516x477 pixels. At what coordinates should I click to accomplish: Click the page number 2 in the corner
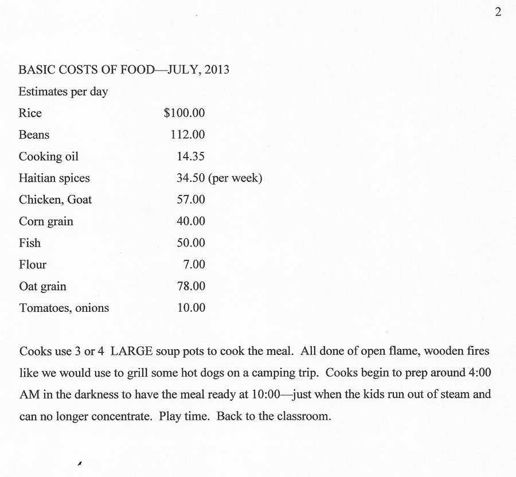(x=498, y=13)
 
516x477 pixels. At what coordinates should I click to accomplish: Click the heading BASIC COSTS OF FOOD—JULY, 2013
(x=124, y=70)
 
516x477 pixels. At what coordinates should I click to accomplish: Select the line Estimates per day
(x=63, y=92)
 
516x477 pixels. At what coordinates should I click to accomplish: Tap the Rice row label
(x=30, y=113)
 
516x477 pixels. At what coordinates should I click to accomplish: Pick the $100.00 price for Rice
(x=184, y=113)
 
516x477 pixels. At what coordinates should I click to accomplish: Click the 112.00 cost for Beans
(x=187, y=135)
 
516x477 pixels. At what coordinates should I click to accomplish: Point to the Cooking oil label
(x=49, y=157)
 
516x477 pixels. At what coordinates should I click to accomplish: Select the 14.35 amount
(x=190, y=157)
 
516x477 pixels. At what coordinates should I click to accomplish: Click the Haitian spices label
(x=54, y=178)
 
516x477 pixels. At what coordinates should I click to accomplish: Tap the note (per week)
(x=235, y=178)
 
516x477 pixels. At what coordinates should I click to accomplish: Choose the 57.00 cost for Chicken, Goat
(x=191, y=200)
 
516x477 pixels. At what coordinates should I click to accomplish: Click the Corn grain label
(x=46, y=221)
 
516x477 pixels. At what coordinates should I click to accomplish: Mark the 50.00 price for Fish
(x=191, y=243)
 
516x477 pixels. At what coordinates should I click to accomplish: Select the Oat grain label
(x=43, y=286)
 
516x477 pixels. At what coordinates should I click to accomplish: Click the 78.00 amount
(x=191, y=286)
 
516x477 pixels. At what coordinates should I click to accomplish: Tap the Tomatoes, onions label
(x=64, y=308)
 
